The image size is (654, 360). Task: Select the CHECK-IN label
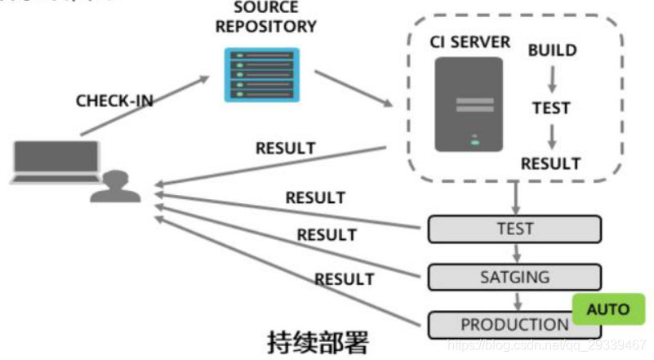(114, 101)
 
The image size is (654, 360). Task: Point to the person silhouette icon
(115, 186)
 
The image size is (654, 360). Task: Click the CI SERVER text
(469, 42)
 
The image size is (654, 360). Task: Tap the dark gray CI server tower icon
(468, 104)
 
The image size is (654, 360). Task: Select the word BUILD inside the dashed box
(552, 51)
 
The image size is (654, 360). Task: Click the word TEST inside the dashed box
(551, 108)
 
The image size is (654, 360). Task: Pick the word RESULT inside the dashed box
(551, 163)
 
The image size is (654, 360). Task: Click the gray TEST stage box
(514, 229)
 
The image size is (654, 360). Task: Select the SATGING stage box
(514, 277)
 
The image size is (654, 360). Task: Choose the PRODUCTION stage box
(514, 325)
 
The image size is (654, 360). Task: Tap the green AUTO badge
(608, 309)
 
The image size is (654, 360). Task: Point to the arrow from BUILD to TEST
(552, 78)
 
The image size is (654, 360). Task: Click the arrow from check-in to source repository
(143, 104)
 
